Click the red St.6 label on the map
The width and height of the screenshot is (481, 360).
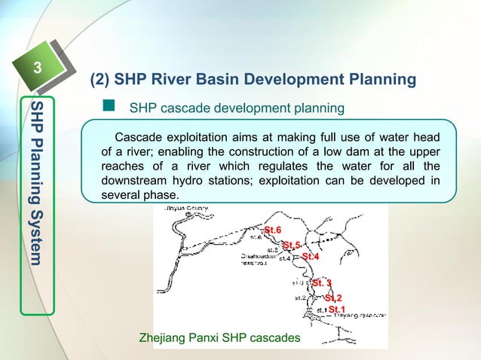pyautogui.click(x=272, y=229)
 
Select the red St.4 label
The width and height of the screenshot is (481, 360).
pyautogui.click(x=311, y=257)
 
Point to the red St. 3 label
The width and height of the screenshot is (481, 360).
pyautogui.click(x=322, y=283)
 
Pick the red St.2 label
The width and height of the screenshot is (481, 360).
pyautogui.click(x=333, y=298)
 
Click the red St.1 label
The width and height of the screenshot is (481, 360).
pyautogui.click(x=337, y=309)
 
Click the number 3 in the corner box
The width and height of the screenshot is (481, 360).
pyautogui.click(x=34, y=71)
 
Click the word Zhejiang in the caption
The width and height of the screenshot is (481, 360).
pyautogui.click(x=164, y=338)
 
